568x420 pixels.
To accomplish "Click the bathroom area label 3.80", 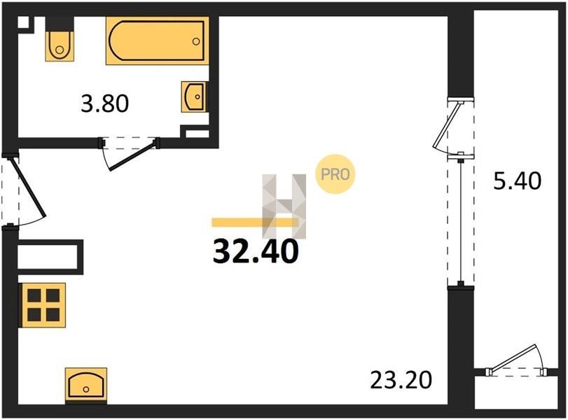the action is [104, 104].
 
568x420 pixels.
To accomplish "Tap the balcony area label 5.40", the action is [518, 181].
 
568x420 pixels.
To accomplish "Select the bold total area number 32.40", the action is [256, 251].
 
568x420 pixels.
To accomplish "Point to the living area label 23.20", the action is [401, 380].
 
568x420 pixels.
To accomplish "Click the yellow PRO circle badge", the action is [335, 174].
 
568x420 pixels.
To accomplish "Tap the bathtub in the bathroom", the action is [157, 41].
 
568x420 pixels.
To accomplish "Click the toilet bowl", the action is [60, 45].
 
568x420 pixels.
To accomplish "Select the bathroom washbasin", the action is [194, 97].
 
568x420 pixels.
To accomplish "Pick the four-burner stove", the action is [43, 305].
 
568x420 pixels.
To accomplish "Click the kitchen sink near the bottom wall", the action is [86, 385].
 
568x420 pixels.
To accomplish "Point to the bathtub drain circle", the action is [196, 41].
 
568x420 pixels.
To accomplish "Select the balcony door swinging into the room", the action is [447, 127].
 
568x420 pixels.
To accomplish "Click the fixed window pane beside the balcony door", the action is [460, 221].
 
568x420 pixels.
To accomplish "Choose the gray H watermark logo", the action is [284, 206].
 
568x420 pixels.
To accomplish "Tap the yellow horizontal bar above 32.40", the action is [255, 223].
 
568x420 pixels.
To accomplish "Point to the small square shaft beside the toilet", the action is [25, 23].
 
